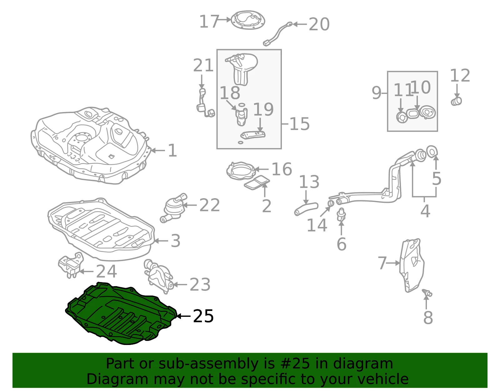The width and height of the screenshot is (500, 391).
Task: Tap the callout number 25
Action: click(x=203, y=316)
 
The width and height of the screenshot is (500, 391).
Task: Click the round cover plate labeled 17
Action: click(x=248, y=20)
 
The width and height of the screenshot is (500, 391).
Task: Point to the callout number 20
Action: click(x=319, y=24)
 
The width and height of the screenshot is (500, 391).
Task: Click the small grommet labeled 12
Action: click(x=456, y=101)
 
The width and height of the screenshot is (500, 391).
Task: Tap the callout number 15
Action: click(x=299, y=124)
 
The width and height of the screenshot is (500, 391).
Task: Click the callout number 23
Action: click(x=200, y=285)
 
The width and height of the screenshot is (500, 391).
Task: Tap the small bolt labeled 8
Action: click(x=427, y=293)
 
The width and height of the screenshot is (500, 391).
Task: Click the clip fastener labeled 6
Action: click(x=341, y=214)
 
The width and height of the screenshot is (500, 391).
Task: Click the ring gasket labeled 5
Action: click(x=432, y=152)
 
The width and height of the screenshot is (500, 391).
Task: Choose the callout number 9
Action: click(x=377, y=93)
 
